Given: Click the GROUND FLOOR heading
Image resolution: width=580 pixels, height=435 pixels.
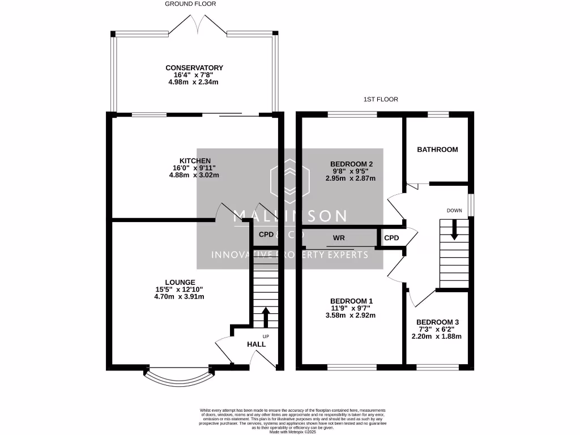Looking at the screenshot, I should click(190, 4).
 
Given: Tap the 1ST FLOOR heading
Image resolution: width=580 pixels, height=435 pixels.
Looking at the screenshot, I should click(381, 99).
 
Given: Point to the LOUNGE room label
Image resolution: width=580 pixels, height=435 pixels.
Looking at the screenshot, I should click(180, 282).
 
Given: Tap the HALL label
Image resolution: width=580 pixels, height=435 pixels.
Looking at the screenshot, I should click(256, 344).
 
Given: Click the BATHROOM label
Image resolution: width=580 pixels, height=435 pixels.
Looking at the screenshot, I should click(437, 150).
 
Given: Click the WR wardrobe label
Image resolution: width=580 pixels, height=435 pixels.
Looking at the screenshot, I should click(339, 238).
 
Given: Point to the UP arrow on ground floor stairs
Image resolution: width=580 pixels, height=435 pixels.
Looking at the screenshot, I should click(265, 317).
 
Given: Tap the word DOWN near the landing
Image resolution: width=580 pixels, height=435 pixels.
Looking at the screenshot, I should click(454, 211).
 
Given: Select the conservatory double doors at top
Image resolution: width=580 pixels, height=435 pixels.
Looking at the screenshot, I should click(196, 24).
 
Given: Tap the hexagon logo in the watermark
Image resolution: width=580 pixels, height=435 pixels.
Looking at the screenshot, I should click(290, 180).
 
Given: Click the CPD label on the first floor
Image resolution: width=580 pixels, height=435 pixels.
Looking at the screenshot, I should click(391, 238).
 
